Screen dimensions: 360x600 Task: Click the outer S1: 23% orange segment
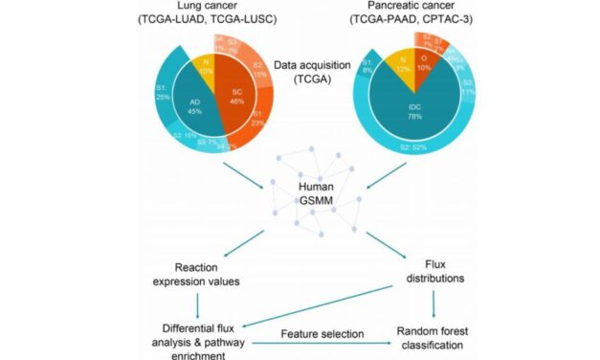264,123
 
